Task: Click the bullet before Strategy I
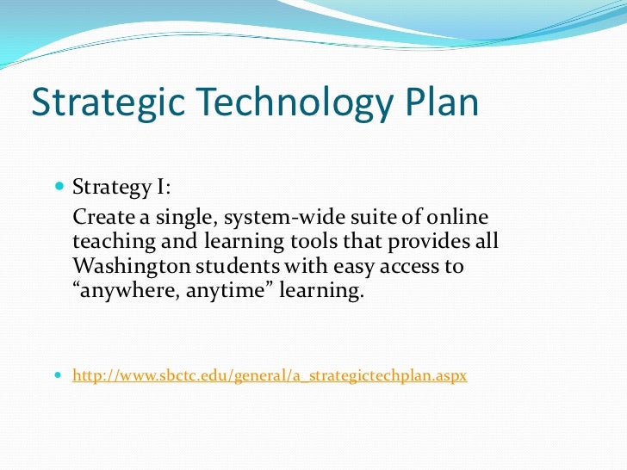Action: [59, 186]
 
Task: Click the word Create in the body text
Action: [101, 215]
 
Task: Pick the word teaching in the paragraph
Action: [110, 241]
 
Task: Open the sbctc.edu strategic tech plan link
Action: [270, 376]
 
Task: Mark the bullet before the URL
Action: [59, 376]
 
